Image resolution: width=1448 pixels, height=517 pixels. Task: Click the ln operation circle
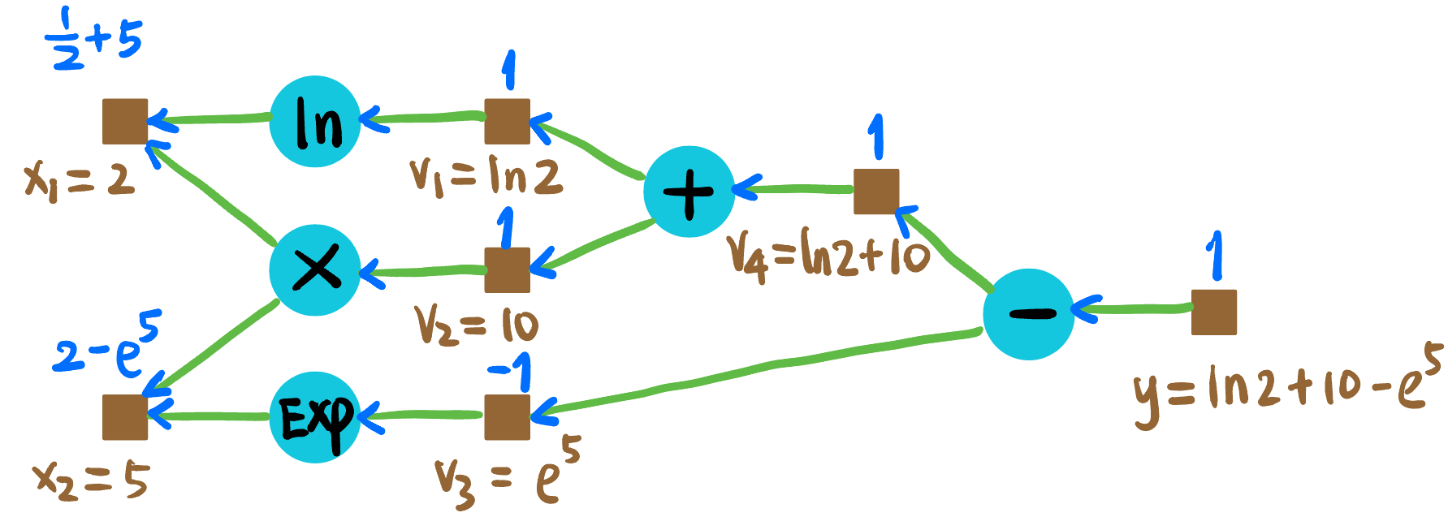(x=315, y=122)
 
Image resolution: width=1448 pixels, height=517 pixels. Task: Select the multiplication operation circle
(x=315, y=269)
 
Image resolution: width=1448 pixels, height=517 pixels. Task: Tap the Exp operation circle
(x=315, y=417)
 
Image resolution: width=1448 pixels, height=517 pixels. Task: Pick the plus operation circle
(x=689, y=192)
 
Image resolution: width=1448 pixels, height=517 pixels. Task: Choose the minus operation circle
(x=1029, y=314)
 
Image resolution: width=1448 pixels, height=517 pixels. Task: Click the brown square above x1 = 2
(x=125, y=122)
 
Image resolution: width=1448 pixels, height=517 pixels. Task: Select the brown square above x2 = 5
(x=125, y=417)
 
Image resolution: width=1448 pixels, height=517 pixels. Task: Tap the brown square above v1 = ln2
(x=507, y=122)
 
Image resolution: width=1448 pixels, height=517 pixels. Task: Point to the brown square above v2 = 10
(x=507, y=269)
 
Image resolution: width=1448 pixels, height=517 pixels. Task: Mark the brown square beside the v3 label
(x=507, y=417)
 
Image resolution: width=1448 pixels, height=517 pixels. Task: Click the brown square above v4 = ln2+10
(x=876, y=192)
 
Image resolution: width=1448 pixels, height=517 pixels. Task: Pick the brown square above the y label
(x=1213, y=312)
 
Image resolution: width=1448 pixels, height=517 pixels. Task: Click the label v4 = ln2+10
(x=828, y=256)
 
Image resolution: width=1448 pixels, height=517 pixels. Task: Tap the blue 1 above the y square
(x=1213, y=256)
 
